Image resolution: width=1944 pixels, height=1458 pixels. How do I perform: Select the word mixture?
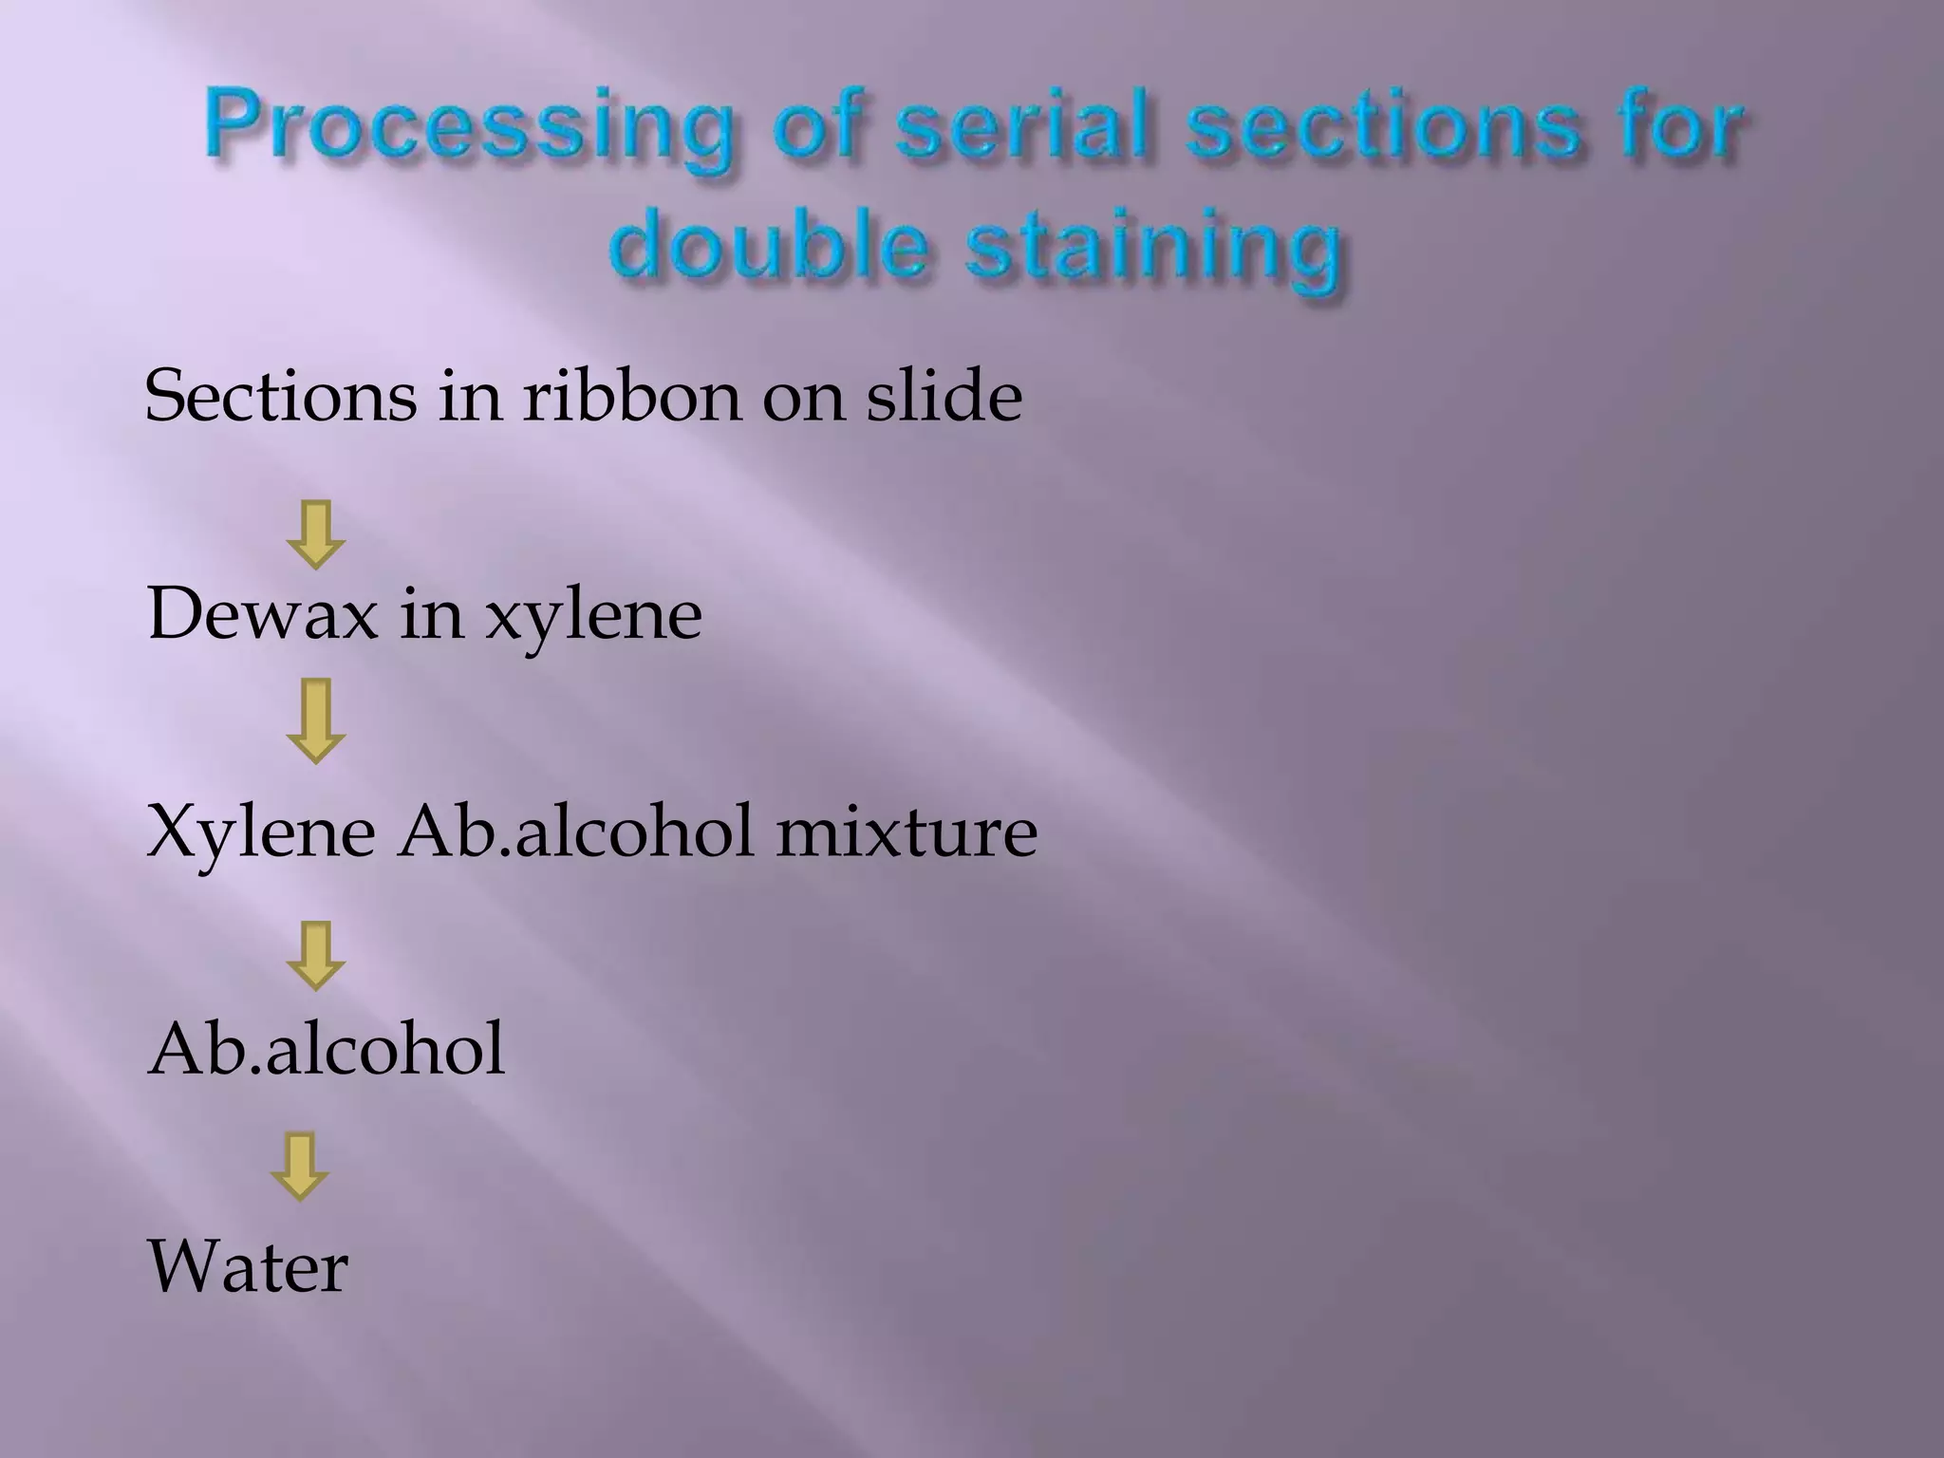pos(906,832)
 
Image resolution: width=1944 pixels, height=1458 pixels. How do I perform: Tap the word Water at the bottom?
pos(248,1267)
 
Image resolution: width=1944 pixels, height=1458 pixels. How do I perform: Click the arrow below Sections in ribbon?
pos(315,534)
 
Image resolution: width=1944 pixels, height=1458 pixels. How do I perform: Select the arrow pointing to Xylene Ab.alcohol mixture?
pos(315,720)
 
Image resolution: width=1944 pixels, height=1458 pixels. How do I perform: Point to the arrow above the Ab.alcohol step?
pos(315,955)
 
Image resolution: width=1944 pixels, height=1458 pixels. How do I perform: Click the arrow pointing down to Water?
pos(299,1166)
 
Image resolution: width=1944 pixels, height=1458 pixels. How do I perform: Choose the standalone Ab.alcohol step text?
pos(326,1050)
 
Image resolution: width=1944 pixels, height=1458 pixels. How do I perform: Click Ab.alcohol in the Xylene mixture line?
pos(575,832)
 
